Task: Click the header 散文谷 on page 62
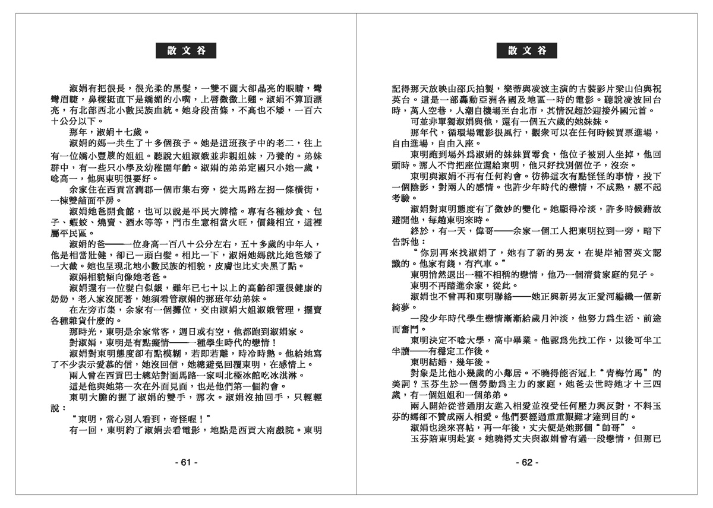(x=526, y=51)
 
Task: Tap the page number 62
(x=526, y=462)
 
